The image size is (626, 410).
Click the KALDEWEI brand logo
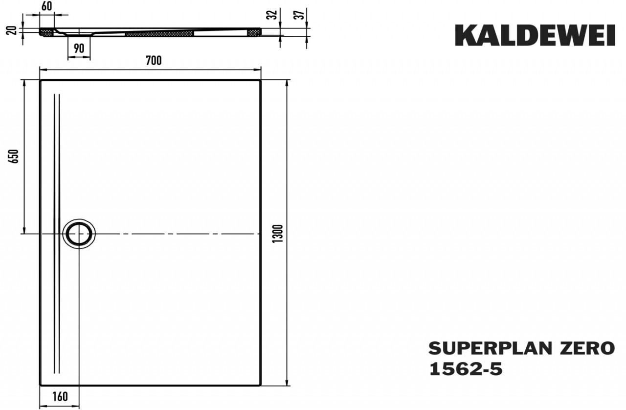pos(535,35)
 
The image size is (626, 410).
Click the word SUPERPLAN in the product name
pos(488,348)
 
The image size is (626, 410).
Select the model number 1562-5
pos(466,369)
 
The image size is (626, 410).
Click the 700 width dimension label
pos(154,60)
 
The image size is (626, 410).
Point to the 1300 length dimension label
pos(278,234)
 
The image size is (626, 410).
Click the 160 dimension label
pos(60,397)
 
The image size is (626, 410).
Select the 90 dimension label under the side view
pos(79,48)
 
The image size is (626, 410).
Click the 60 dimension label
pos(46,6)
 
